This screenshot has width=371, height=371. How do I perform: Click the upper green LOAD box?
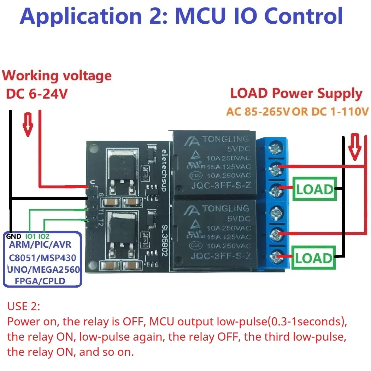tap(314, 189)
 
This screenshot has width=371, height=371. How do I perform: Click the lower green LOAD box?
tap(314, 258)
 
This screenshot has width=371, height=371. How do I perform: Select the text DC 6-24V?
tap(36, 94)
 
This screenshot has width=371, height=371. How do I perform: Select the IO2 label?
tap(44, 236)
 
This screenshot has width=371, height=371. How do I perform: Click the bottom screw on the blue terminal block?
tap(275, 257)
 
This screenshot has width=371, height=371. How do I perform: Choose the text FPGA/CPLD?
tap(42, 281)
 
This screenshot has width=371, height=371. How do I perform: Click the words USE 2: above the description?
tap(24, 306)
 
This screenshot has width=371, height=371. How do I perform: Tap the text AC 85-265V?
tap(258, 112)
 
